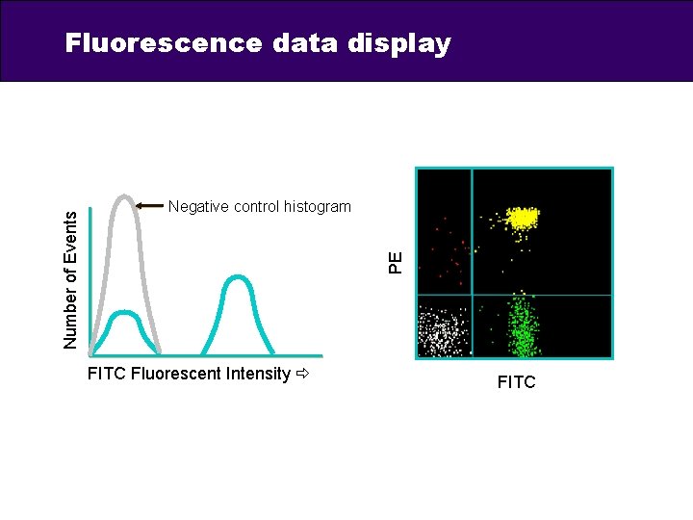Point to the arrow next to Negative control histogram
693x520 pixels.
(149, 205)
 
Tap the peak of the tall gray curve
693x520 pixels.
(124, 196)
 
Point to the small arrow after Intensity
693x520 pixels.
(304, 374)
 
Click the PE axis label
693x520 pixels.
(396, 260)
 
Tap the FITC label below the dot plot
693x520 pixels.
(516, 383)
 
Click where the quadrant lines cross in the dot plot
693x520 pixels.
(473, 295)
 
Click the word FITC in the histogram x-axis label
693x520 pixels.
(105, 374)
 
